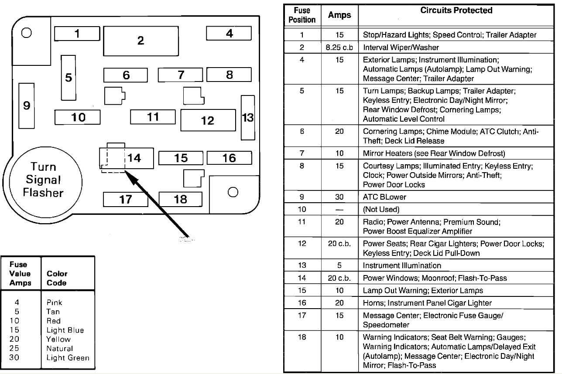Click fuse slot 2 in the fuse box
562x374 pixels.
pos(140,41)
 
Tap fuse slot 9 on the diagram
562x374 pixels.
pos(27,105)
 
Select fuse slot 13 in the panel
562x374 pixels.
pos(248,118)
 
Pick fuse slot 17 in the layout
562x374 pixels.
pos(126,199)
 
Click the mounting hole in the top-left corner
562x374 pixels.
pos(26,33)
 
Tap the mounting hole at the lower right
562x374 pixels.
pos(233,192)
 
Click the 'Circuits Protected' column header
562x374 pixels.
pos(456,10)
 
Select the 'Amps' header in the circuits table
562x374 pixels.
pos(339,15)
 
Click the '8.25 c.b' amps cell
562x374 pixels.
pos(339,47)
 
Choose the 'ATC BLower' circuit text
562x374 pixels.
pos(385,197)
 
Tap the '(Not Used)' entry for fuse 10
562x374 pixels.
pos(381,209)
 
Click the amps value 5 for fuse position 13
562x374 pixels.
pos(339,265)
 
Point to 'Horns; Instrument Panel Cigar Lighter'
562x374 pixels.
pos(427,303)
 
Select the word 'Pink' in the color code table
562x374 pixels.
pos(55,302)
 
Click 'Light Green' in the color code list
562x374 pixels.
pos(68,358)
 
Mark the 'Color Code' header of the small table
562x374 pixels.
pos(57,278)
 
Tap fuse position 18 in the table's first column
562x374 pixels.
pos(302,337)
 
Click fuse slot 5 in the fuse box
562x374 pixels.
pos(69,78)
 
